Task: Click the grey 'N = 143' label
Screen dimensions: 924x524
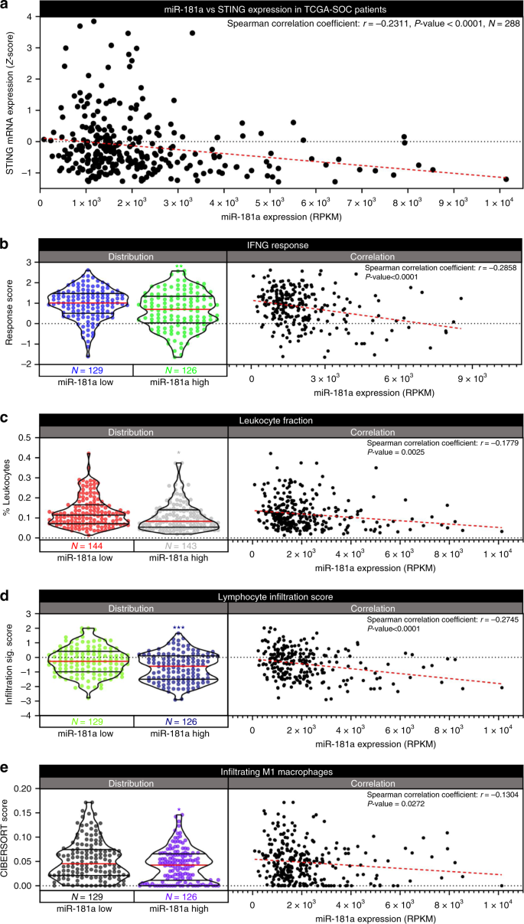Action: [180, 546]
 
